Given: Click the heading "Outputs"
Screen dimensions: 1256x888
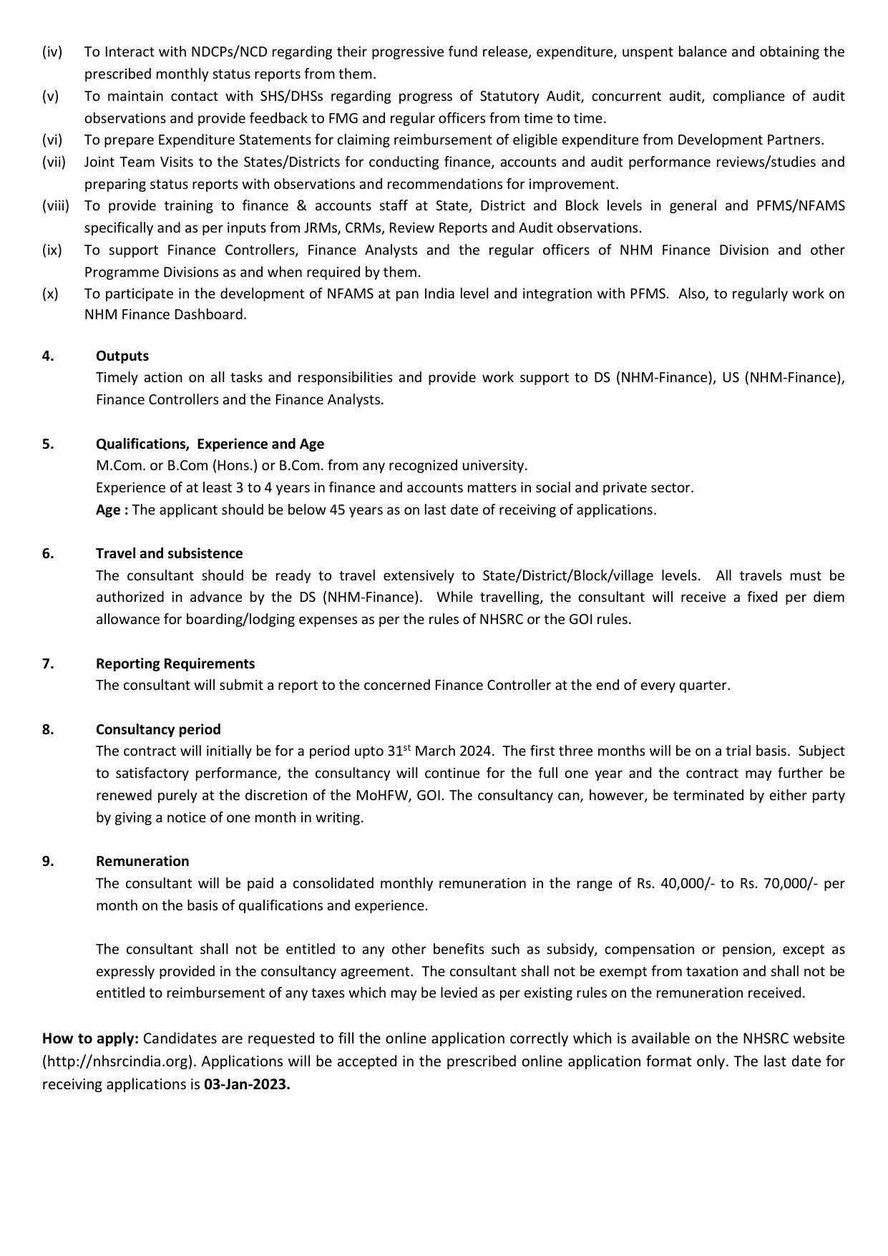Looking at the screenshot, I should pos(122,356).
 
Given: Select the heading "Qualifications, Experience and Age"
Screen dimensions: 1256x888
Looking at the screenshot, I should pos(210,444).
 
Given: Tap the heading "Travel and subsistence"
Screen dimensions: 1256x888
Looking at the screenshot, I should pos(169,553).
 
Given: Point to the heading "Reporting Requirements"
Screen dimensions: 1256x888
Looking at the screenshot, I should pos(175,663).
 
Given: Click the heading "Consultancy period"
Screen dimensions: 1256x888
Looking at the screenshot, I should pos(158,729).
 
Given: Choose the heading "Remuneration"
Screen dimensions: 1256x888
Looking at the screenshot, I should pos(142,861).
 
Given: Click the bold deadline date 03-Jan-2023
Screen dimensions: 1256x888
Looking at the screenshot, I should pos(247,1084).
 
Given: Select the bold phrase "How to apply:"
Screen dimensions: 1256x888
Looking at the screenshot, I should pos(90,1038).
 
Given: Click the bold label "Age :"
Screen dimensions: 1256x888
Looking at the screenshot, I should pos(112,510).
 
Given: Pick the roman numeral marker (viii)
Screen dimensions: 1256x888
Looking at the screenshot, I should pos(56,206).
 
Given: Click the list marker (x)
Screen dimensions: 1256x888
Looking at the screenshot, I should pos(50,293).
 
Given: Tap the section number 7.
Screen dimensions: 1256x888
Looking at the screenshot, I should pos(47,663).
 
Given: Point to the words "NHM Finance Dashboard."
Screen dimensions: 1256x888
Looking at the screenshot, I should pos(165,314).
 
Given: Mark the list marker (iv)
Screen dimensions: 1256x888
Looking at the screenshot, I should pos(52,52).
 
